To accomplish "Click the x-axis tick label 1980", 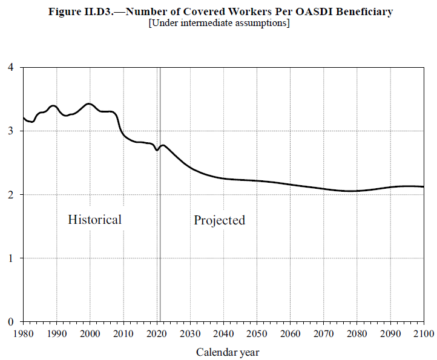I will click(x=24, y=333).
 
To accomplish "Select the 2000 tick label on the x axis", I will click(x=90, y=333).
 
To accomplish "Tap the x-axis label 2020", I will click(x=157, y=333).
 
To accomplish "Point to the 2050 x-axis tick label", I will click(x=257, y=333).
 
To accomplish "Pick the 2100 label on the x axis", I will click(x=422, y=333).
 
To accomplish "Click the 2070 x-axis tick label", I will click(x=323, y=333).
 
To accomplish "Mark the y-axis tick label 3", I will click(x=11, y=131).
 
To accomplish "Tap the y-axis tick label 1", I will click(x=11, y=258).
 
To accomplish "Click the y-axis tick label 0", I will click(x=11, y=322).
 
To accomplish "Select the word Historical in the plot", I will click(x=94, y=220).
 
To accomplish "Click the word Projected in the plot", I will click(x=219, y=220).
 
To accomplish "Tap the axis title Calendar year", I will click(x=228, y=352).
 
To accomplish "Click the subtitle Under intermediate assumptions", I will click(x=218, y=23).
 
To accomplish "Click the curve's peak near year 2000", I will click(x=90, y=103).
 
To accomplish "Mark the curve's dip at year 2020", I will click(x=157, y=150).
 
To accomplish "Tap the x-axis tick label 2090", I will click(x=390, y=333).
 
